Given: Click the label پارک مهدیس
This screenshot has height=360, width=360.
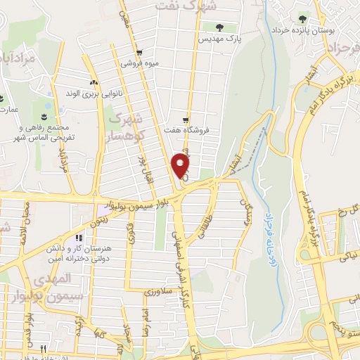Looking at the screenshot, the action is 221,40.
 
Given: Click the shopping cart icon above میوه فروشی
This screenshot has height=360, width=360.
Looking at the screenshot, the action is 140,52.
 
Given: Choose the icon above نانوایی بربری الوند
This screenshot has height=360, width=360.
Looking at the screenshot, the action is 94,82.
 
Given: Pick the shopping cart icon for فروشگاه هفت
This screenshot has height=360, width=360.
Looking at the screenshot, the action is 186,120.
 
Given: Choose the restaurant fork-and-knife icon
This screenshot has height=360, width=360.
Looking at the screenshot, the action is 44,349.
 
